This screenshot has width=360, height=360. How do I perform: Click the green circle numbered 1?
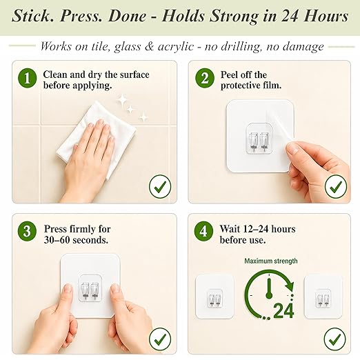[x=27, y=78]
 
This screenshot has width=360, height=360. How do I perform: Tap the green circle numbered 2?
[x=205, y=78]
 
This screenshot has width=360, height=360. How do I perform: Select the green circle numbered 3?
[x=27, y=231]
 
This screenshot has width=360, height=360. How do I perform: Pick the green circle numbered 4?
[x=203, y=231]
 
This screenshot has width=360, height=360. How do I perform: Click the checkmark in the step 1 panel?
[x=160, y=186]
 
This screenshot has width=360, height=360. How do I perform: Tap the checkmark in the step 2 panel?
[x=336, y=186]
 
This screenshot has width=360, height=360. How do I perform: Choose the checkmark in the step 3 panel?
[x=160, y=339]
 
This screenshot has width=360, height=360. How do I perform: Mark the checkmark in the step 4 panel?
[x=335, y=339]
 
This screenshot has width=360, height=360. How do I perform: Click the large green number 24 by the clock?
[x=283, y=310]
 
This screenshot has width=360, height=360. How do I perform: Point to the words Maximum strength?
[x=271, y=261]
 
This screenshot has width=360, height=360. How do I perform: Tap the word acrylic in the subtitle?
[x=176, y=47]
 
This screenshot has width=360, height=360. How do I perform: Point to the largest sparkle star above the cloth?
[x=122, y=100]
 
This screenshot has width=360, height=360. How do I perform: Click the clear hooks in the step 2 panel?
[x=259, y=141]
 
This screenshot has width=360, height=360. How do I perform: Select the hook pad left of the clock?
[x=214, y=297]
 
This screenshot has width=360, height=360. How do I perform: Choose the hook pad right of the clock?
[x=323, y=297]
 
